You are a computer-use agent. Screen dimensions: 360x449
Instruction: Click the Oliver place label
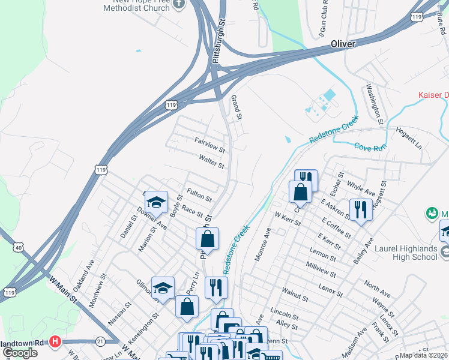[x=343, y=44]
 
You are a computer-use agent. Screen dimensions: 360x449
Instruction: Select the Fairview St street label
[x=209, y=143]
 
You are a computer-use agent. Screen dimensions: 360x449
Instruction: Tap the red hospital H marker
[x=55, y=341]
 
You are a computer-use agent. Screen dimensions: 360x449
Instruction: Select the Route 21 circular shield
[x=100, y=341]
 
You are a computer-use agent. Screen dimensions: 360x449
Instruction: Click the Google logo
[x=19, y=353]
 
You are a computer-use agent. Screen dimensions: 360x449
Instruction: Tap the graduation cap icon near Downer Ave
[x=156, y=202]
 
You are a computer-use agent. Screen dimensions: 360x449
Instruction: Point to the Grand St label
[x=236, y=106]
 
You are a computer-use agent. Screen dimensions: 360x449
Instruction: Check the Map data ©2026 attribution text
[x=423, y=355]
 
